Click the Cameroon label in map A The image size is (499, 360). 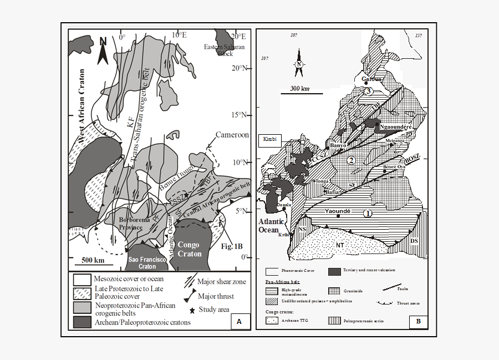coord(232,135)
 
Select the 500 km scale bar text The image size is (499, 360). coord(93,260)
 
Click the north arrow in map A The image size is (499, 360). coord(103,50)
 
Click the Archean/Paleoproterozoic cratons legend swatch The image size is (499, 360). coord(81,322)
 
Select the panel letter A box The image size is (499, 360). coord(239,321)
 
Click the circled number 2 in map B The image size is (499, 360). coord(350,161)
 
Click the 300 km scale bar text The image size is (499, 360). coord(299,88)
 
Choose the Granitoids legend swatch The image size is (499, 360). coord(334,290)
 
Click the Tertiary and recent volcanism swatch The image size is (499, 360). coord(334,272)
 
